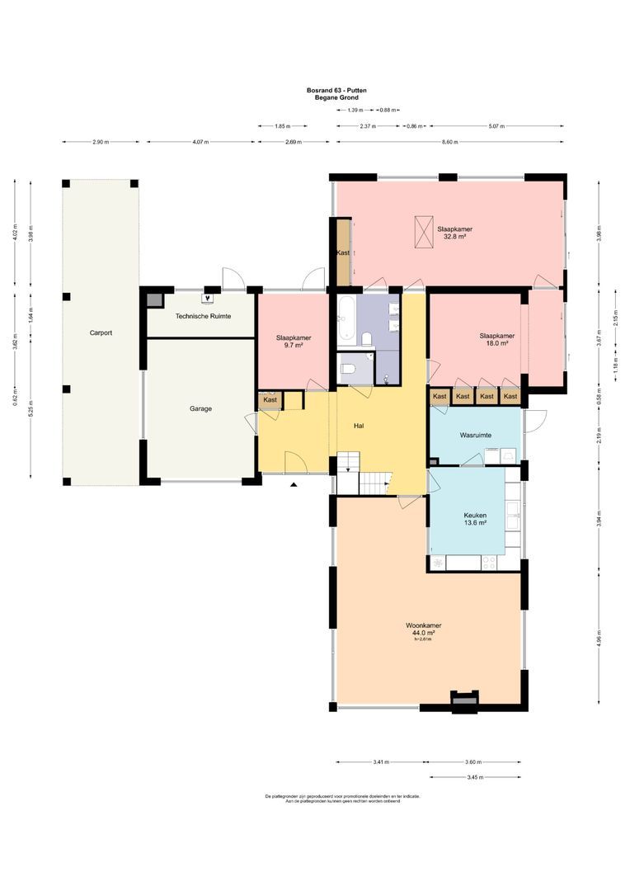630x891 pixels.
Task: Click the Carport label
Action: click(101, 333)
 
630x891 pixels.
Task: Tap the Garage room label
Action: click(200, 408)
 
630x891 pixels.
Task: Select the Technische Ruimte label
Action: click(203, 316)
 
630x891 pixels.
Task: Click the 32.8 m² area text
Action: click(455, 237)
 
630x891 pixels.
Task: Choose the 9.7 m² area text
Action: click(293, 346)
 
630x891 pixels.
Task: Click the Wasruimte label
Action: click(476, 435)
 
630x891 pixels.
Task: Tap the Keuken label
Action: click(475, 514)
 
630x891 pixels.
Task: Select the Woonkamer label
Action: click(423, 625)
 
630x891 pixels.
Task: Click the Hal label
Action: click(359, 426)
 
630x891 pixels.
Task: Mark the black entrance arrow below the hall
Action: click(293, 485)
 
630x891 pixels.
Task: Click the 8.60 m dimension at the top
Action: click(449, 142)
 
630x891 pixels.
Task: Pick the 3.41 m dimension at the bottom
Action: click(380, 762)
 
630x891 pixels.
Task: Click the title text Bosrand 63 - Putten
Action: click(336, 91)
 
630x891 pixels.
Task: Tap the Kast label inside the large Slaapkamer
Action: click(343, 252)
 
